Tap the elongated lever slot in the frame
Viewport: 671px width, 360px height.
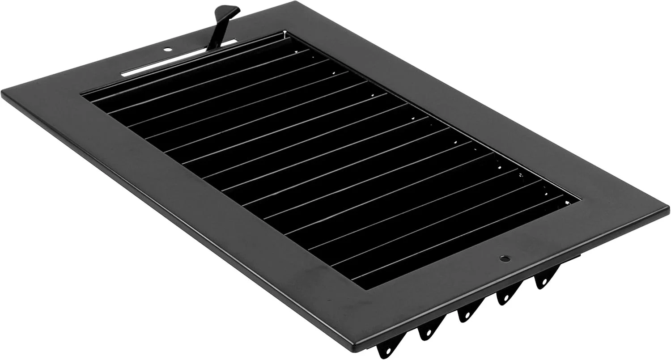[179, 58]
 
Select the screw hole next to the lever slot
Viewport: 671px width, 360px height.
[167, 50]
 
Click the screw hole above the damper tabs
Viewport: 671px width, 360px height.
[504, 258]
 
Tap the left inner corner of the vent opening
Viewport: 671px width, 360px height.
[82, 94]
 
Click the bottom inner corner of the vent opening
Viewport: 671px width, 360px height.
[367, 289]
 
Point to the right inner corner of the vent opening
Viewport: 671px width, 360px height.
[580, 198]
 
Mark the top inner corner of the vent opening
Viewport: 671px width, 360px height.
[285, 32]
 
